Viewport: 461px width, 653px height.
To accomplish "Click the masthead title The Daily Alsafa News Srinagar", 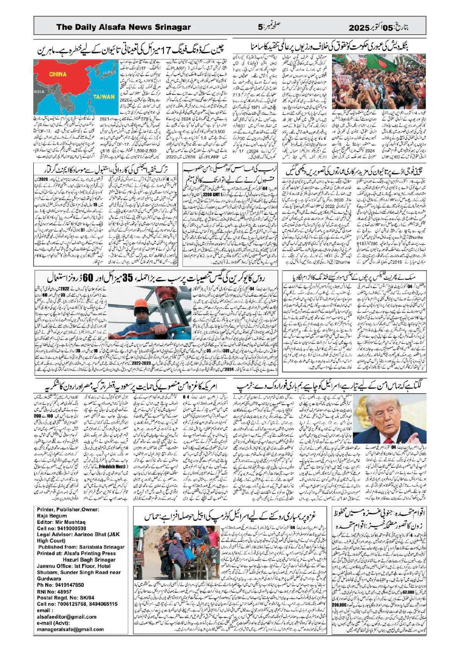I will click(124, 27).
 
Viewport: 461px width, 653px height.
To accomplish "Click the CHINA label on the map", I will click(58, 74).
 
